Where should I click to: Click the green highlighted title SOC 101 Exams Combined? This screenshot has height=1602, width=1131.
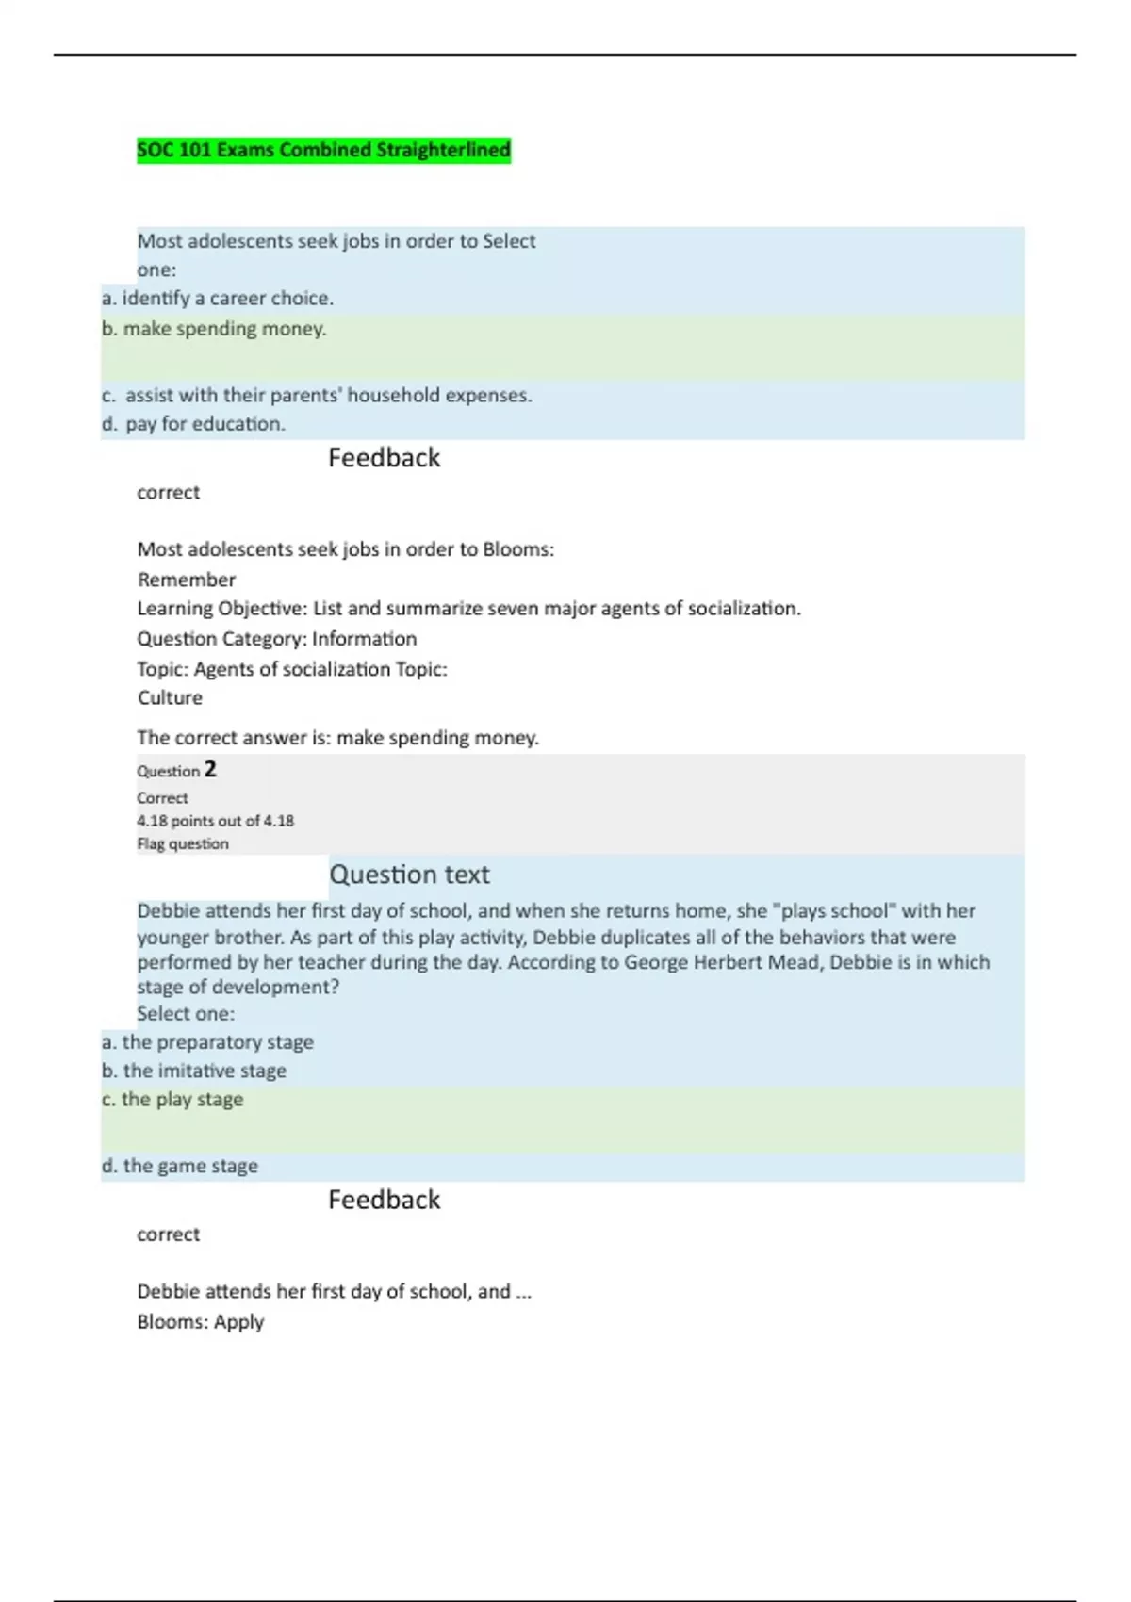click(x=323, y=150)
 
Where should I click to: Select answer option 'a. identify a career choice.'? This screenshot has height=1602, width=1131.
click(x=218, y=299)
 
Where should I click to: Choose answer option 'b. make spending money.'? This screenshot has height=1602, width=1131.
click(x=214, y=329)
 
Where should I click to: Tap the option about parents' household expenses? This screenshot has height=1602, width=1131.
click(x=317, y=396)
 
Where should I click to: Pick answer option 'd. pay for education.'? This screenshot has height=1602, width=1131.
click(x=193, y=424)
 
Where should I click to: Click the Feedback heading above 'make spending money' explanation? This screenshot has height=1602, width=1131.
click(x=384, y=458)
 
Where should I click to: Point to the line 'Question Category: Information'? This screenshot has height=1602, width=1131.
click(x=276, y=639)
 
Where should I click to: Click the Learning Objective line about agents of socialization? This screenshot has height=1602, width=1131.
click(x=468, y=609)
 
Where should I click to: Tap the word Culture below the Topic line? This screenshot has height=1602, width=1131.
click(x=170, y=698)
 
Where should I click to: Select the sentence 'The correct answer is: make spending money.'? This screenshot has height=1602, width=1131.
click(x=337, y=738)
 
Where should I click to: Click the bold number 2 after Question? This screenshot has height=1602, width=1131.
click(x=210, y=770)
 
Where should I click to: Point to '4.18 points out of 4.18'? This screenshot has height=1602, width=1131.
click(x=215, y=821)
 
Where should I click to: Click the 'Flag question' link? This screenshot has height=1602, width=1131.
click(x=183, y=844)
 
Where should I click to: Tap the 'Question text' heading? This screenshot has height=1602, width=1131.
click(x=409, y=875)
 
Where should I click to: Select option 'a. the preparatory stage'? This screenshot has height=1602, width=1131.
click(x=207, y=1042)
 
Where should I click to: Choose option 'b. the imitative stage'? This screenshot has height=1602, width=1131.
click(x=194, y=1071)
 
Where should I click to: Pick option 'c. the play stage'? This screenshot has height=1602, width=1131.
click(x=172, y=1100)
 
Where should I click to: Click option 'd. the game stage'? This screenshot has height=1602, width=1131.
click(x=179, y=1167)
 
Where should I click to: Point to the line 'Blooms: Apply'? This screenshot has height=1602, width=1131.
click(x=200, y=1322)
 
